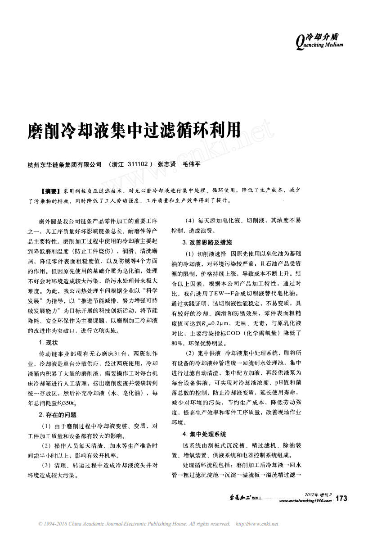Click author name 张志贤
pyautogui.click(x=166, y=164)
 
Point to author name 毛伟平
pyautogui.click(x=191, y=164)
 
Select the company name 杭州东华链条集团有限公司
pyautogui.click(x=64, y=164)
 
